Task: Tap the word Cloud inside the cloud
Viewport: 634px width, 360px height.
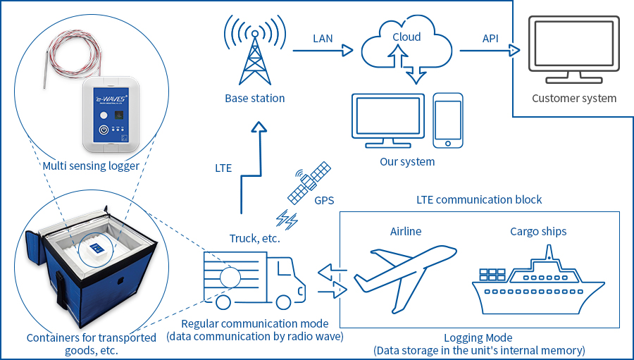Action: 406,37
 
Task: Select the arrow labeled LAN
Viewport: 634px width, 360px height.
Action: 323,51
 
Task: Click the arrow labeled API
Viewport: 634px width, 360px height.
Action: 490,51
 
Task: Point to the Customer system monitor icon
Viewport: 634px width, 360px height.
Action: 573,49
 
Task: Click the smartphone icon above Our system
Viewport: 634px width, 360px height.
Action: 447,120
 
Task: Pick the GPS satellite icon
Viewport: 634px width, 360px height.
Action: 309,182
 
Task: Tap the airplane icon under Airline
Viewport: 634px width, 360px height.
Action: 405,279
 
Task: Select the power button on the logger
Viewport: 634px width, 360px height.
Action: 104,130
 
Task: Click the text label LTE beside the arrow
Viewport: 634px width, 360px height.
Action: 223,168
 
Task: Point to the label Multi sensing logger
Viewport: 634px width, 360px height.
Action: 91,166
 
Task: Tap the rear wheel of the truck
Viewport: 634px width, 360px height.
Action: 223,302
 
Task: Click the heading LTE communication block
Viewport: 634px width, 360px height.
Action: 479,199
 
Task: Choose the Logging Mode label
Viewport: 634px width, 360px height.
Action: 478,337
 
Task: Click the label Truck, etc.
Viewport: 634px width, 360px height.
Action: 255,238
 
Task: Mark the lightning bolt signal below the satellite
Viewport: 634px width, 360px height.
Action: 287,220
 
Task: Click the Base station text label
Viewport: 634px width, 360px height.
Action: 255,99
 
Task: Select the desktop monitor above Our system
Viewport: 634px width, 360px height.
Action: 388,120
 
